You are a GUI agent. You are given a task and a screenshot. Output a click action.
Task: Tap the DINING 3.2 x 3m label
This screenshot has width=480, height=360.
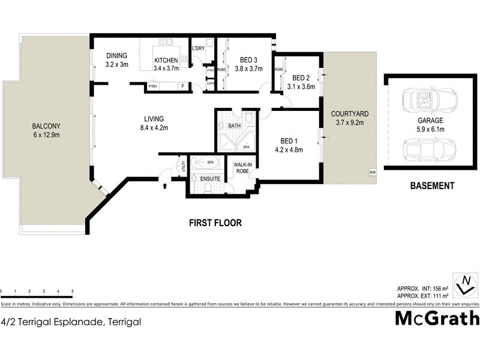pos(117,60)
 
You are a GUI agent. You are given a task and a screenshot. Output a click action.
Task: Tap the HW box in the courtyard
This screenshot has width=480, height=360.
pos(373,173)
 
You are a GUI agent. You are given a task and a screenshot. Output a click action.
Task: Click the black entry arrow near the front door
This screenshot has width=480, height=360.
pos(165,185)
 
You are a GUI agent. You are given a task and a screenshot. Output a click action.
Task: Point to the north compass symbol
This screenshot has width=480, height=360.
pos(464,285)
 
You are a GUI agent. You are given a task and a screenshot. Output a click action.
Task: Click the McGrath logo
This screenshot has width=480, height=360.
pos(436,317)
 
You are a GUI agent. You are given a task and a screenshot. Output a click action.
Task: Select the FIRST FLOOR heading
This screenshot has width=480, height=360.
pos(215,223)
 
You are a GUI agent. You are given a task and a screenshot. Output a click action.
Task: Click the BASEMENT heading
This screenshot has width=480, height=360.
pos(432,186)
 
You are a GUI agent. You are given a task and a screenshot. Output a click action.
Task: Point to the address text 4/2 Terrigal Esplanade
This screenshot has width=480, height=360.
pos(71,322)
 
